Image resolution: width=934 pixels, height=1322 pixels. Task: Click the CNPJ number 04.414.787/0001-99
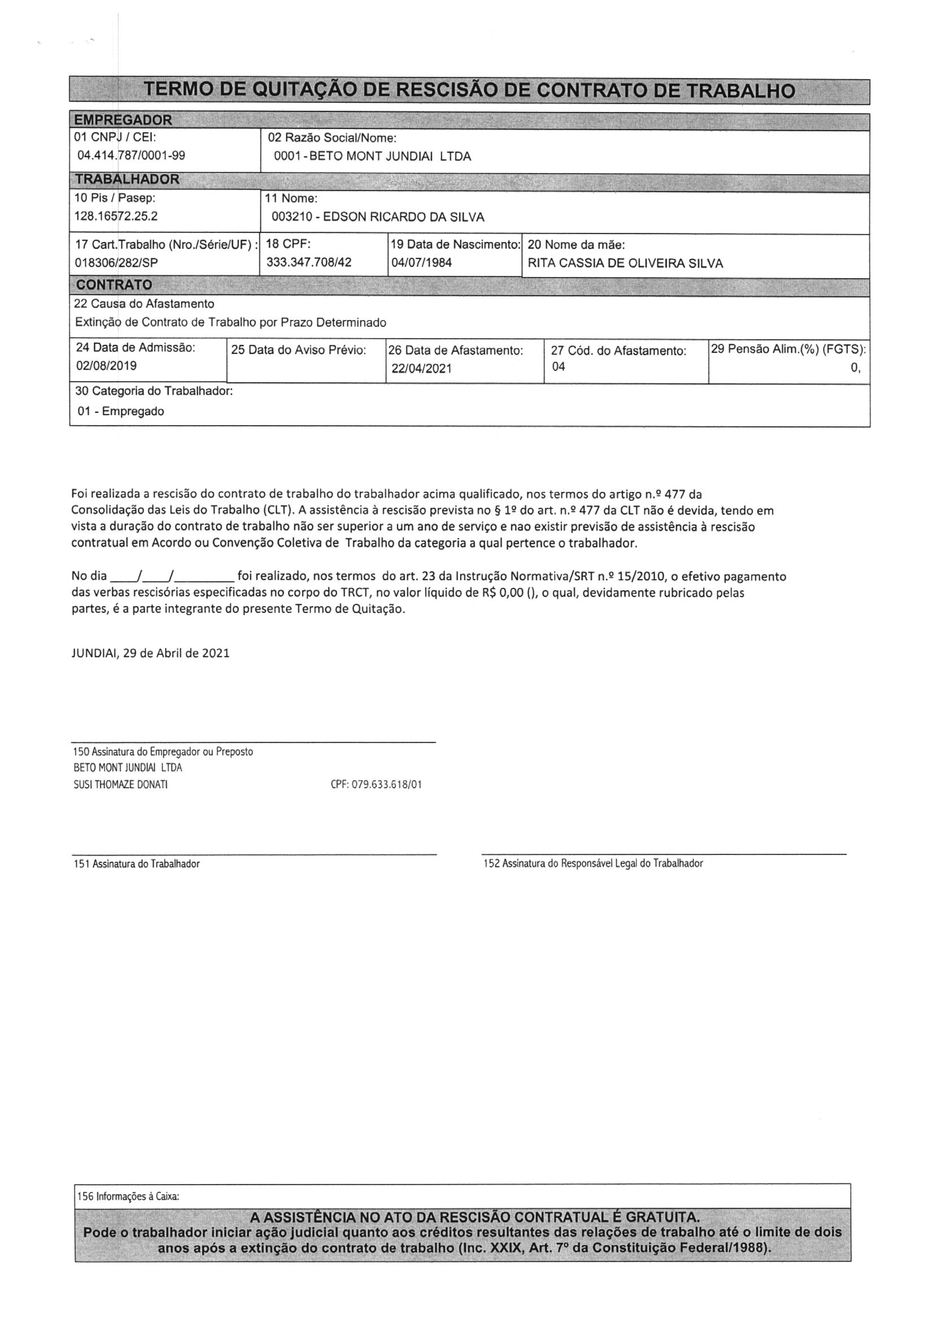pos(131,155)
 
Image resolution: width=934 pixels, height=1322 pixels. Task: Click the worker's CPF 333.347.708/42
pos(309,262)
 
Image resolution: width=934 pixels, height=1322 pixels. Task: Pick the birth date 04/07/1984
pos(422,262)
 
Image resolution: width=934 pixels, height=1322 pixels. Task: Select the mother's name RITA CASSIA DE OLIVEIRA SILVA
pos(625,263)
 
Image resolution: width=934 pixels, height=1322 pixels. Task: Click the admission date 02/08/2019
pos(106,366)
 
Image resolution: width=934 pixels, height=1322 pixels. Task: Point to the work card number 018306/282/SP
pos(117,262)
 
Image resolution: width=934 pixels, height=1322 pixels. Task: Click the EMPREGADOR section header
pos(124,120)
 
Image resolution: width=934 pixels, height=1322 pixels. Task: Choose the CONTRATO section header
pos(114,285)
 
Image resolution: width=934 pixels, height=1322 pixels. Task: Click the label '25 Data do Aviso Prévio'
pos(299,350)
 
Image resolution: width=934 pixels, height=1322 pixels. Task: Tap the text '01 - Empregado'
pos(121,411)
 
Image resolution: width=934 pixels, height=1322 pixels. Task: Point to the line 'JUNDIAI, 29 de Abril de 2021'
pos(151,654)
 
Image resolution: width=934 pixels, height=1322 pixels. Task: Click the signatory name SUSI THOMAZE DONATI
pos(121,785)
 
